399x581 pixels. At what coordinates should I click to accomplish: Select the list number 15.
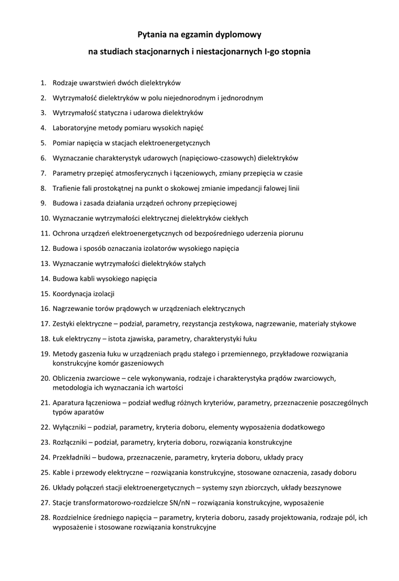(x=45, y=294)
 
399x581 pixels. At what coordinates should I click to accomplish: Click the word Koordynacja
(x=72, y=294)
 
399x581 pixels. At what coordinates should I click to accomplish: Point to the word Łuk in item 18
(x=58, y=339)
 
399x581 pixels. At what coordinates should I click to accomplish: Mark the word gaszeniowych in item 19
(x=142, y=363)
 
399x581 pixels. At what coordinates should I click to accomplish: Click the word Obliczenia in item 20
(x=70, y=378)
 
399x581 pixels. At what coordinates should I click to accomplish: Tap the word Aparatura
(x=69, y=403)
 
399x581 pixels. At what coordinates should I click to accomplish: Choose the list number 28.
(x=45, y=517)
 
